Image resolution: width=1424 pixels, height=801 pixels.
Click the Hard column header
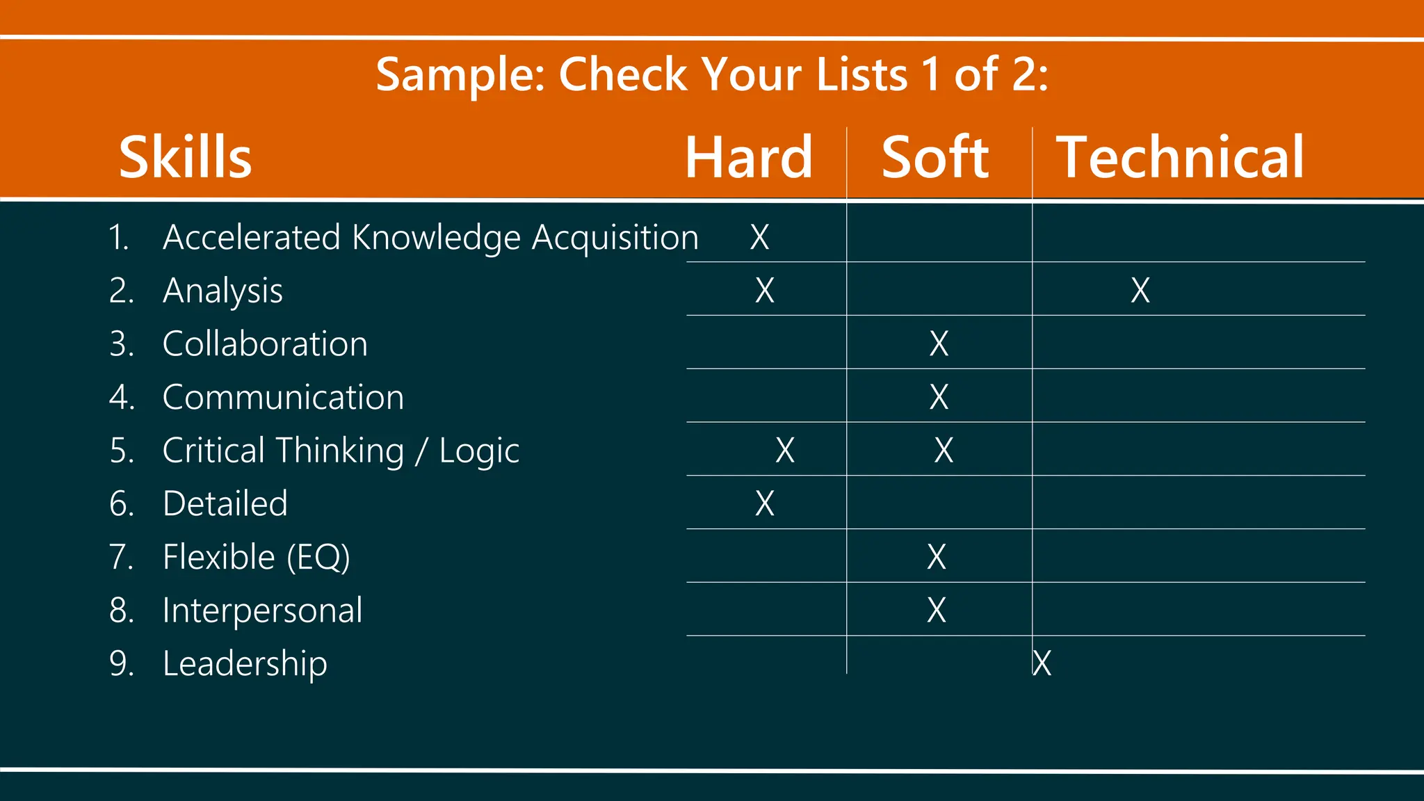[749, 157]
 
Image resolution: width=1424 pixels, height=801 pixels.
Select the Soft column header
[935, 157]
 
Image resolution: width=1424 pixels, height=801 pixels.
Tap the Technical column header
[1180, 157]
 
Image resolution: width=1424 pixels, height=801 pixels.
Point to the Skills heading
[185, 157]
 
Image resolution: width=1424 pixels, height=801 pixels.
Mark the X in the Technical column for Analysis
[1140, 290]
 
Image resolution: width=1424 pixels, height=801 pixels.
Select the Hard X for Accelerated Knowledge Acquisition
[760, 237]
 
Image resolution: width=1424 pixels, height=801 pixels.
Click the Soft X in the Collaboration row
[939, 343]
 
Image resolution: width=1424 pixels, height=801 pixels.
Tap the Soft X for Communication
[939, 397]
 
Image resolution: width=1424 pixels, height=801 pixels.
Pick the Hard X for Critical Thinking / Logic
[785, 451]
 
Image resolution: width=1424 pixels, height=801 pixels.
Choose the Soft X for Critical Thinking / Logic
[944, 451]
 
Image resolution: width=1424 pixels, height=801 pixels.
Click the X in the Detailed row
[765, 503]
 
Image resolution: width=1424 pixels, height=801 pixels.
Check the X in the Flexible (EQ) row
[937, 557]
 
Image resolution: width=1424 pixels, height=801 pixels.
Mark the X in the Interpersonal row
[937, 610]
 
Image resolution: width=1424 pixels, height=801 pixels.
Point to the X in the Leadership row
[1042, 663]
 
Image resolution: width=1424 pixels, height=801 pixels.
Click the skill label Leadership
[245, 663]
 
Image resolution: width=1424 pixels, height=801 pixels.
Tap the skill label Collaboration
[265, 343]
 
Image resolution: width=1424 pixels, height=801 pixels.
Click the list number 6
[120, 503]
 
